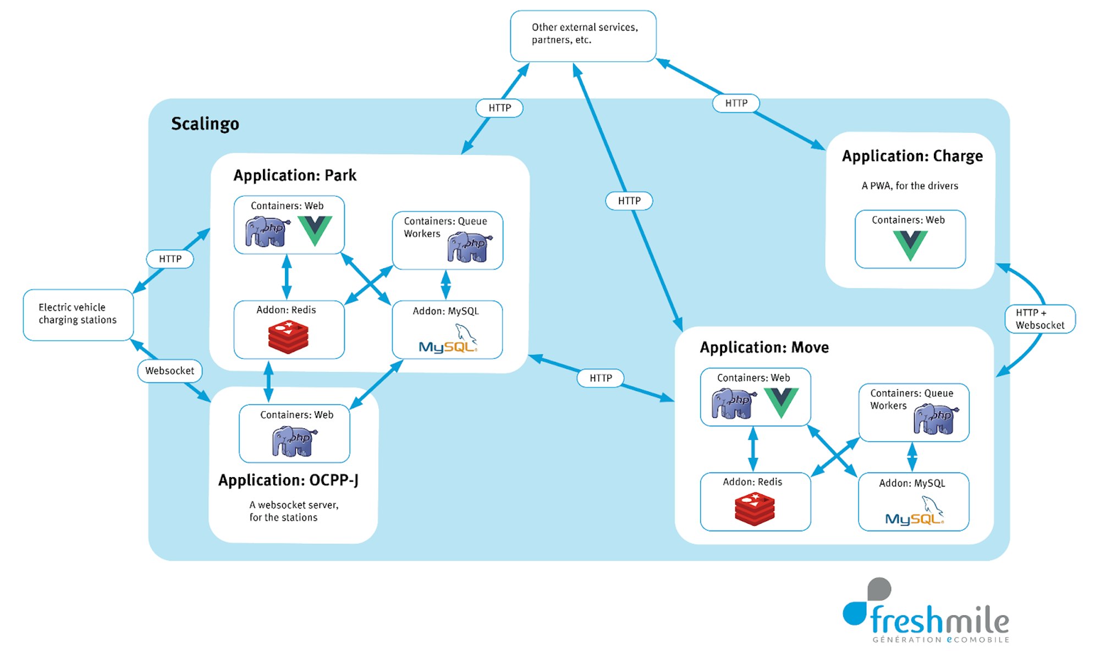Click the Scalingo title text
[x=205, y=124]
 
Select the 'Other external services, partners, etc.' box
[x=583, y=35]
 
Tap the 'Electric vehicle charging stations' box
[x=78, y=314]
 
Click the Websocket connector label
[x=169, y=371]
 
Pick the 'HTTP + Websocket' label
[x=1039, y=319]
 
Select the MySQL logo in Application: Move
[x=914, y=511]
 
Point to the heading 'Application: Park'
[x=295, y=175]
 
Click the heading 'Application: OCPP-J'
[x=288, y=480]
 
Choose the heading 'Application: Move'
[x=764, y=347]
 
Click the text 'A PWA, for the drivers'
[x=910, y=186]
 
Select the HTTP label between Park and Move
[x=601, y=378]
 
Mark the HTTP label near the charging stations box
[x=170, y=259]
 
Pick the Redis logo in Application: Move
[x=755, y=509]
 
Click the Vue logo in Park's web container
[x=315, y=230]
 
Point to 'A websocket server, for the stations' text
[x=294, y=511]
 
